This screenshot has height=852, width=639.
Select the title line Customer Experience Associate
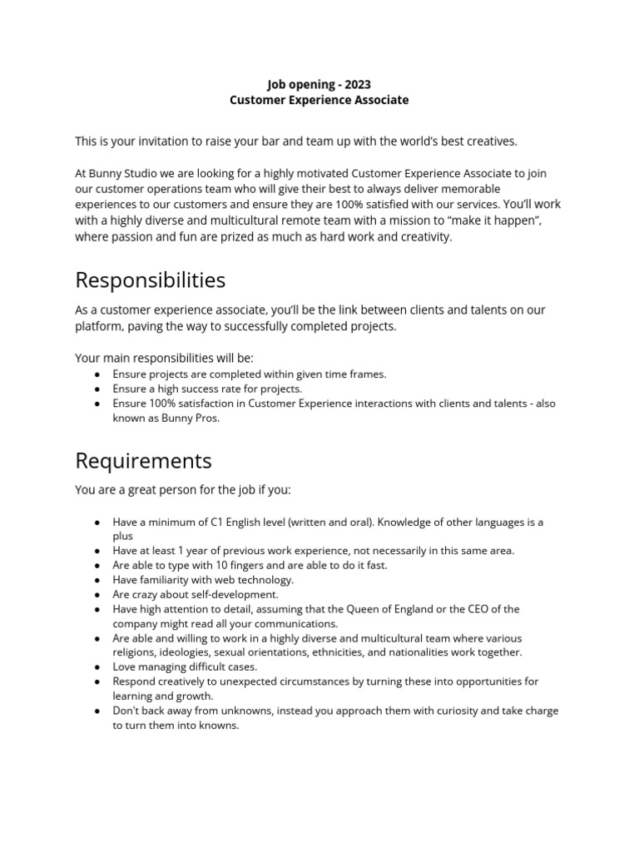click(319, 100)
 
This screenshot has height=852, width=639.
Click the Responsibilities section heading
click(150, 280)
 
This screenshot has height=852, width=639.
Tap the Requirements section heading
click(143, 460)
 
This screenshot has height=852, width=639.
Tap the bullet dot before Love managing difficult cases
click(97, 667)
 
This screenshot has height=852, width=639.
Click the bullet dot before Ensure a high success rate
click(97, 389)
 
